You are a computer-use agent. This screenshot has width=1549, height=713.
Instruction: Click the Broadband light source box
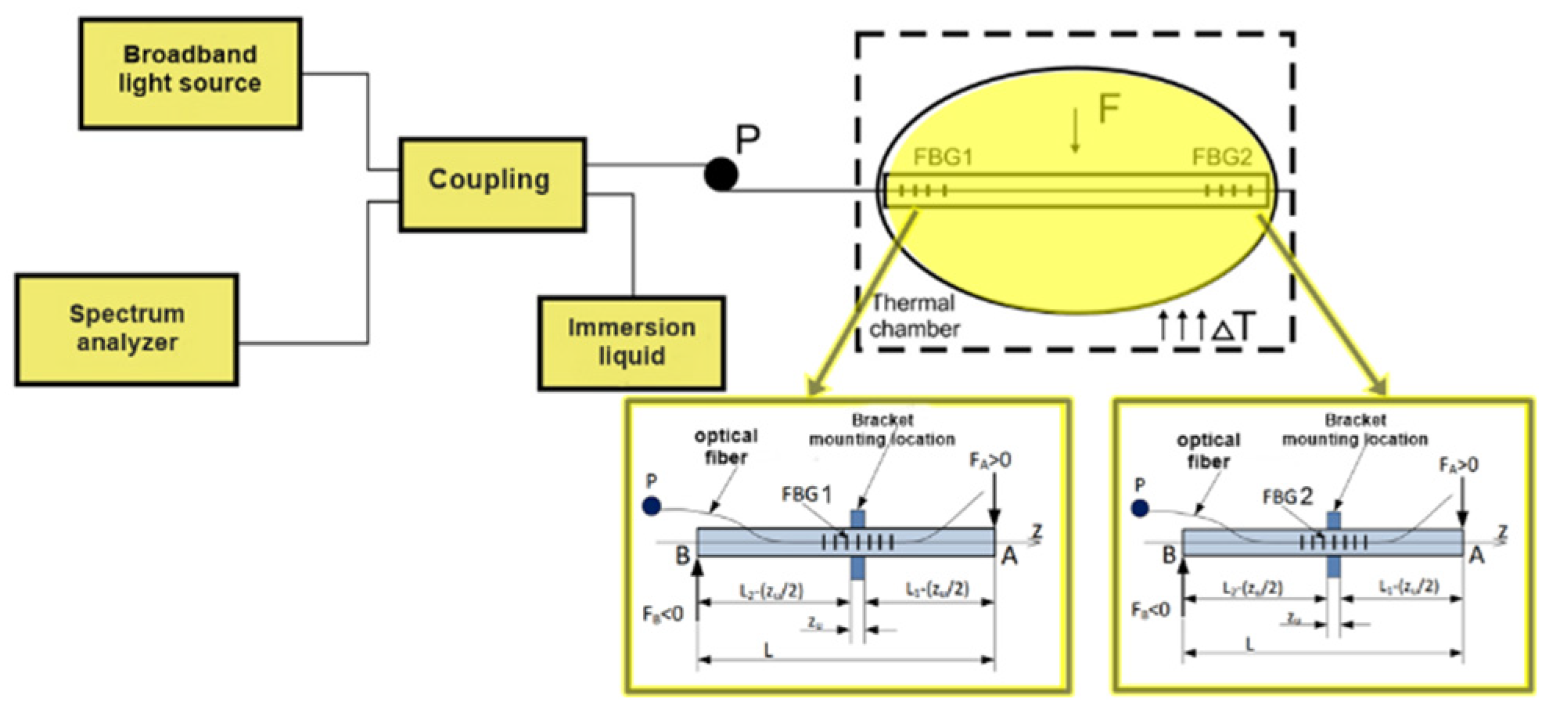coord(190,73)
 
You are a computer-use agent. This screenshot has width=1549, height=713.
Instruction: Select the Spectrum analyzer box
coord(127,329)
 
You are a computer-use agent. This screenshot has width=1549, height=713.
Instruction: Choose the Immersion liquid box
coord(631,342)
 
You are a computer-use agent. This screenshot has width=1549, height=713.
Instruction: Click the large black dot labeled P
coord(721,174)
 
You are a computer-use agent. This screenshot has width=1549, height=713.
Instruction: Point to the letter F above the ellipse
coord(1109,110)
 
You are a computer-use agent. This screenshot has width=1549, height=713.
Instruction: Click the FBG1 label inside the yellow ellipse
coord(943,157)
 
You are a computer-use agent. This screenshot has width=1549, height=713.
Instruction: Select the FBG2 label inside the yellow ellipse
coord(1221,157)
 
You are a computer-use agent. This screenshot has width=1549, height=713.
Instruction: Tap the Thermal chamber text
coord(914,315)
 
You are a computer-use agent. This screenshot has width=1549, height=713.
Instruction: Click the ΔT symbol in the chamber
coord(1235,327)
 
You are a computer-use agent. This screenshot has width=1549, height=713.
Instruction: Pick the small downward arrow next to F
coord(1076,131)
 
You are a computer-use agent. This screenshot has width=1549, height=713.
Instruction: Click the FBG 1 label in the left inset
coord(807,494)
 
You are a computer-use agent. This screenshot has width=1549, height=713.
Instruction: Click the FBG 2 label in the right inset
coord(1288,496)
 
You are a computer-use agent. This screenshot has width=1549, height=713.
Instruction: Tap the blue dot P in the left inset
coord(651,506)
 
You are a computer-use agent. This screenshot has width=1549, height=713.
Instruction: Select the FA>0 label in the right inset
coord(1458,465)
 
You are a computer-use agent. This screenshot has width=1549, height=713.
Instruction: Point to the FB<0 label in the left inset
coord(663,614)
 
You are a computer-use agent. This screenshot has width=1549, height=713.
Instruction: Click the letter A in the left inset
coord(1010,556)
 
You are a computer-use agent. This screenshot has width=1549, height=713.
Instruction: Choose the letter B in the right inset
coord(1169,555)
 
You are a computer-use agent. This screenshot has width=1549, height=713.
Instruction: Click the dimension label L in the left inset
coord(769,650)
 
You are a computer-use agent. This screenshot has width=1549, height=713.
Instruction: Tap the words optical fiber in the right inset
coord(1208,451)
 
